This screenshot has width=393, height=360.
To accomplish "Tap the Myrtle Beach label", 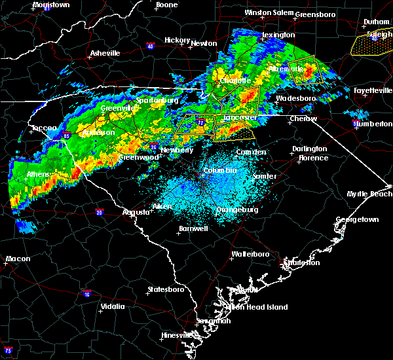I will pyautogui.click(x=371, y=194).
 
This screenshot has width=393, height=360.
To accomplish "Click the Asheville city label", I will pyautogui.click(x=105, y=53).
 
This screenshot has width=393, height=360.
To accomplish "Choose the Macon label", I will pyautogui.click(x=18, y=259).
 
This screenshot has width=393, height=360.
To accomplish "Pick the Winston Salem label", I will pyautogui.click(x=267, y=12).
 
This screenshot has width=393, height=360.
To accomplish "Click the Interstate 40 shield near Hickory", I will pyautogui.click(x=150, y=46).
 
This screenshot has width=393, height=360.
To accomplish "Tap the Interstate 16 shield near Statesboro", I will pyautogui.click(x=87, y=294).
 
